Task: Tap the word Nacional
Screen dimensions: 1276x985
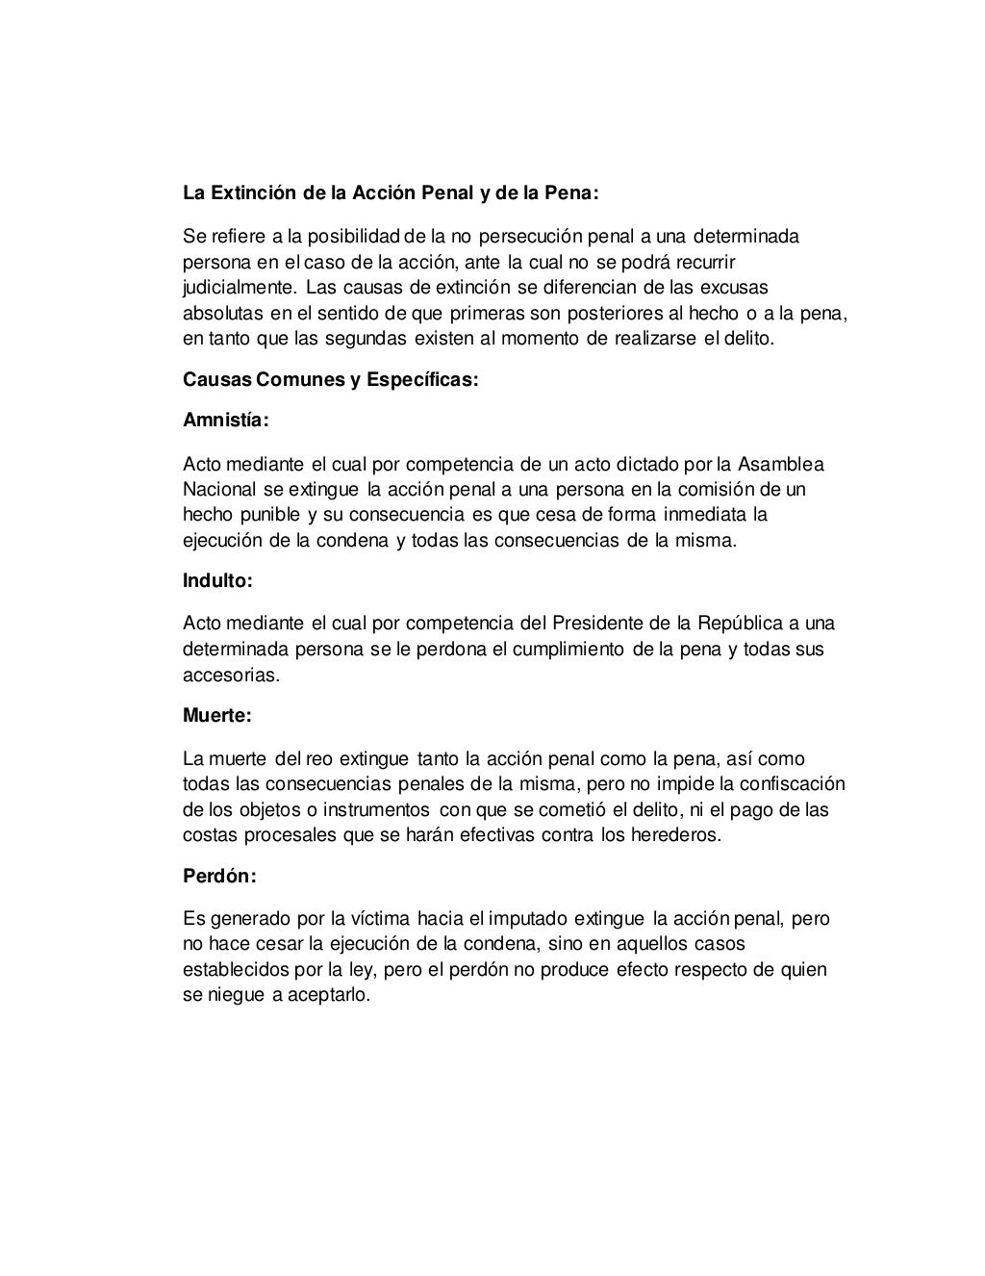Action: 219,490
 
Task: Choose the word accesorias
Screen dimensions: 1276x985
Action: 231,675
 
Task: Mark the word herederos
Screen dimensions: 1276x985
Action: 673,834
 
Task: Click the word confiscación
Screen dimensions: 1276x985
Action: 790,783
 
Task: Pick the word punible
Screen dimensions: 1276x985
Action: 271,515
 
